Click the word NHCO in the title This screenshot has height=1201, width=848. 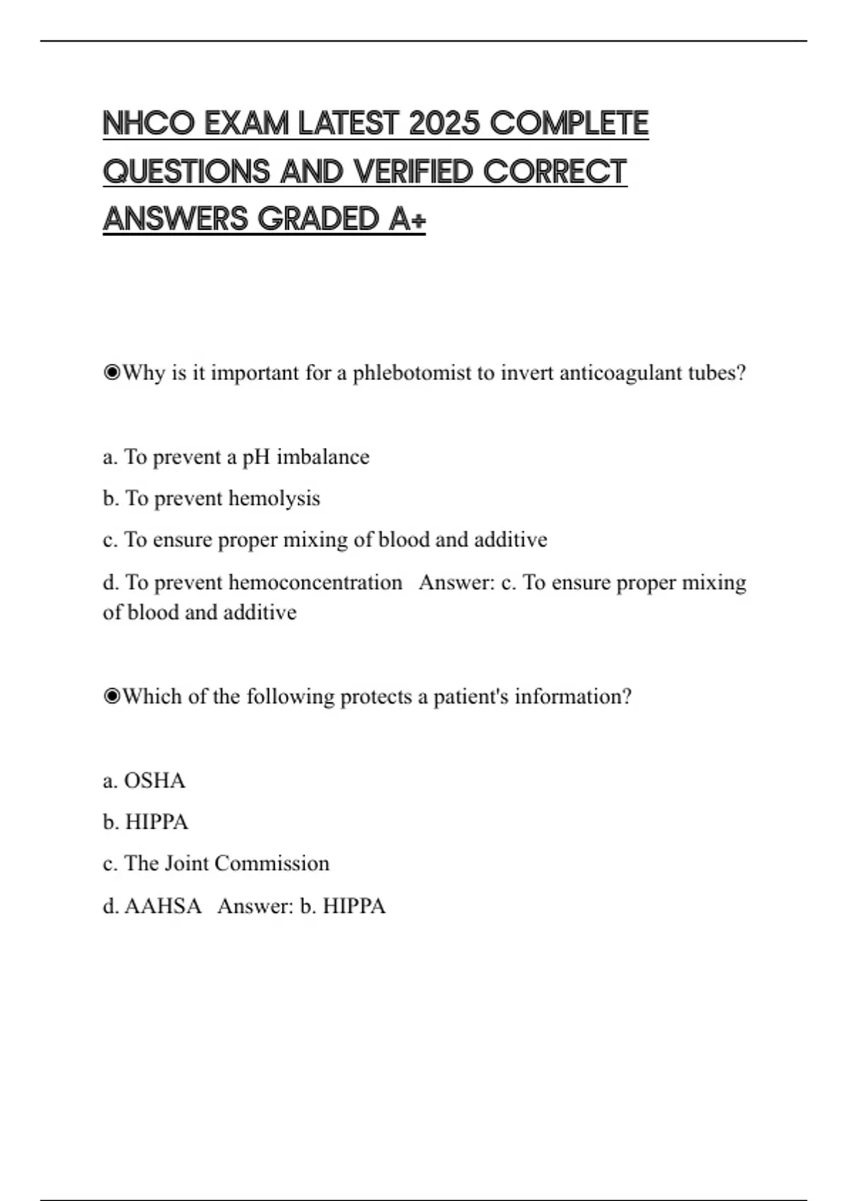pos(148,124)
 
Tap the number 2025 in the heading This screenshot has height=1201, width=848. pos(444,124)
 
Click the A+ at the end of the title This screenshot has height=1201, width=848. pos(407,219)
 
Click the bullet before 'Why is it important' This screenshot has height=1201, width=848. pos(112,373)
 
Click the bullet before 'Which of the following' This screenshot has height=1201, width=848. pos(112,697)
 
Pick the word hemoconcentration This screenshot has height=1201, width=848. pos(315,583)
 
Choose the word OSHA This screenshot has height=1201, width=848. pos(155,781)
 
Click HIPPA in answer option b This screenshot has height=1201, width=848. pos(156,822)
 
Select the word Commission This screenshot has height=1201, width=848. pos(271,863)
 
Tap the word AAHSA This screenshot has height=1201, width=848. pos(163,906)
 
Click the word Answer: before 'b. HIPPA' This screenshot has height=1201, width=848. pos(255,906)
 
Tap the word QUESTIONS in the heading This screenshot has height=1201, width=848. pos(187,172)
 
